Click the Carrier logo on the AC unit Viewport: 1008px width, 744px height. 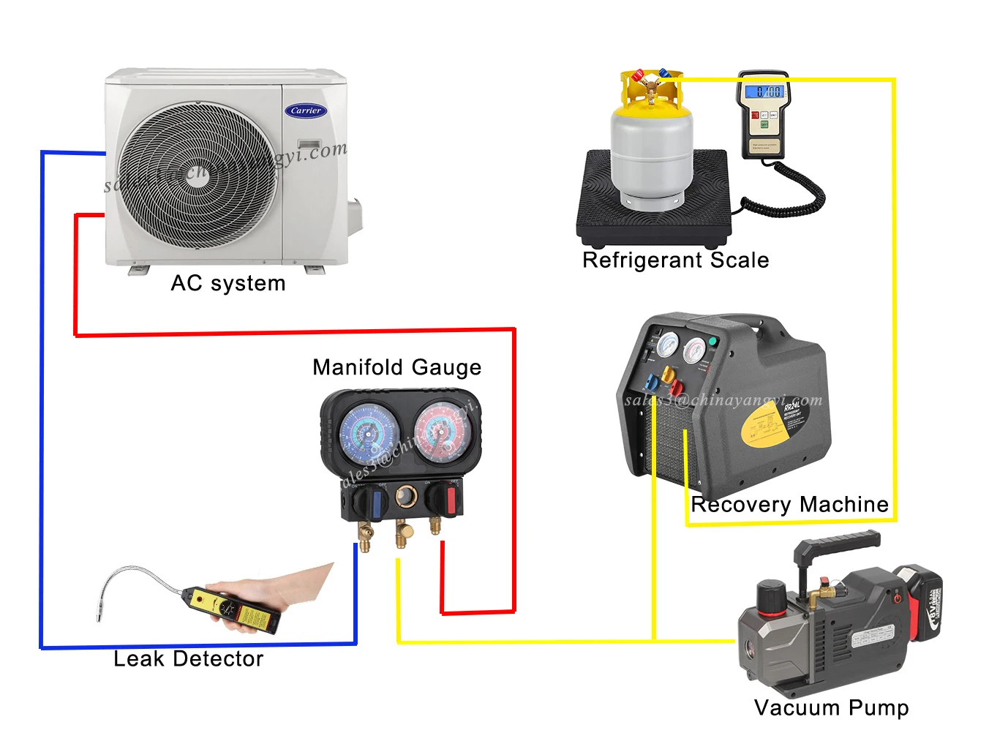click(306, 110)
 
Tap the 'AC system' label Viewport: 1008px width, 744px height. click(227, 283)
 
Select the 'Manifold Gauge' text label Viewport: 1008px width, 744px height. click(396, 367)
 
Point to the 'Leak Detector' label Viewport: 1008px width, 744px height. click(188, 659)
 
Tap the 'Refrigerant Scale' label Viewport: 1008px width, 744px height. click(675, 260)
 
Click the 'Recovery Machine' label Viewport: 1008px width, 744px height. click(789, 505)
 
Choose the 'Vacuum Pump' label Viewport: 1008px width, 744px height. click(831, 708)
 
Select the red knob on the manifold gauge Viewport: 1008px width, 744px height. click(449, 500)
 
